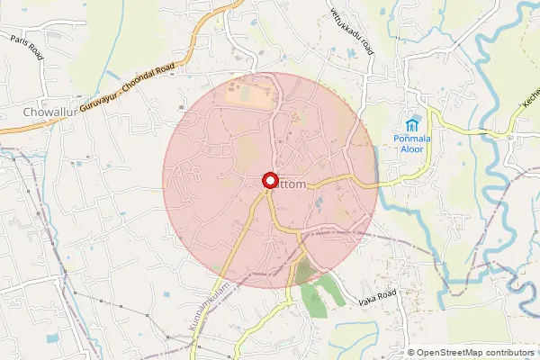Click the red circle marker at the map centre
[x=269, y=180]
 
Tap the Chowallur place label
[x=49, y=112]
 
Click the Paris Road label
[x=27, y=46]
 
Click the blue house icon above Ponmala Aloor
[x=413, y=123]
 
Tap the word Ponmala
[x=413, y=139]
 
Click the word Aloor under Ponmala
[x=413, y=149]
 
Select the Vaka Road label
[x=377, y=296]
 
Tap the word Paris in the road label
[x=20, y=40]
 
